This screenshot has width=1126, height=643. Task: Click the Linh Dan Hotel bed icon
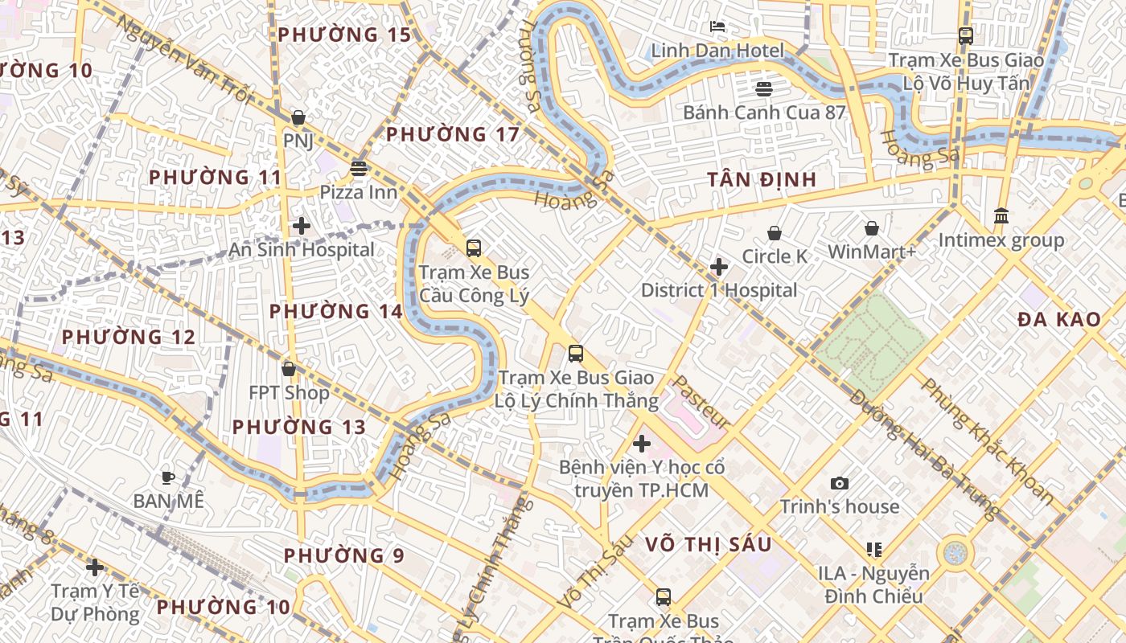click(x=717, y=27)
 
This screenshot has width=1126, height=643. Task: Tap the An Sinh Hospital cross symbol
click(x=302, y=226)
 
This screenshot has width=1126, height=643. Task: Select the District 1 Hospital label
click(x=719, y=290)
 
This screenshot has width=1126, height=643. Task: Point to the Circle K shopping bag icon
click(x=775, y=233)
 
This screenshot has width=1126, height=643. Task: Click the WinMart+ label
click(x=872, y=252)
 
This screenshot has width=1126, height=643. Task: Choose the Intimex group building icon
click(x=1001, y=215)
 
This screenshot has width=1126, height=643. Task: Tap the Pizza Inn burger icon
click(x=359, y=169)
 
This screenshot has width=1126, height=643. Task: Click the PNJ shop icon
click(x=298, y=117)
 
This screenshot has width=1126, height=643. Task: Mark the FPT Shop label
click(x=289, y=392)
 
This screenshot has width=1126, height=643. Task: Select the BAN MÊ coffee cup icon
click(x=168, y=477)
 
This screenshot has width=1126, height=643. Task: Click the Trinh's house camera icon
click(x=840, y=483)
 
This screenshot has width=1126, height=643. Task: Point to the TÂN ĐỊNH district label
click(x=762, y=179)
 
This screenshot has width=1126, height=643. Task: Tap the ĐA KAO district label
click(x=1058, y=319)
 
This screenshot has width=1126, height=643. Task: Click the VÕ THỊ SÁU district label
click(x=708, y=544)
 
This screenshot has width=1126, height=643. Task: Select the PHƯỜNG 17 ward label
click(x=453, y=133)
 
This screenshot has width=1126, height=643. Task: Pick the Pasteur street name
click(x=701, y=402)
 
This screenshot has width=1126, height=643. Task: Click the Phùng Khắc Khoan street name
click(x=987, y=441)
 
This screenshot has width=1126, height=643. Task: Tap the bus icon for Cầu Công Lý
click(x=474, y=248)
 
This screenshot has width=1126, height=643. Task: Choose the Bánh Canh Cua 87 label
click(x=764, y=112)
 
